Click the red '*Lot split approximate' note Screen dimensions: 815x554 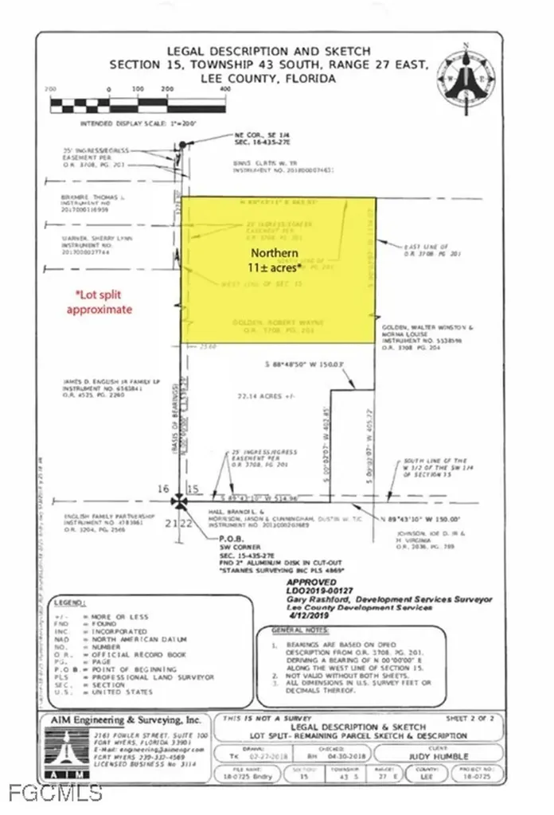pos(99,302)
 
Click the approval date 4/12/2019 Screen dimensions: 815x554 pos(295,616)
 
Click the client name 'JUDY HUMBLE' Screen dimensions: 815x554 pos(447,756)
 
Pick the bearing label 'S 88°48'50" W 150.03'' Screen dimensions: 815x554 pos(302,364)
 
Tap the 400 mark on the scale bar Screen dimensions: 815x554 pos(224,89)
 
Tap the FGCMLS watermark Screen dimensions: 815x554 pos(53,793)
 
